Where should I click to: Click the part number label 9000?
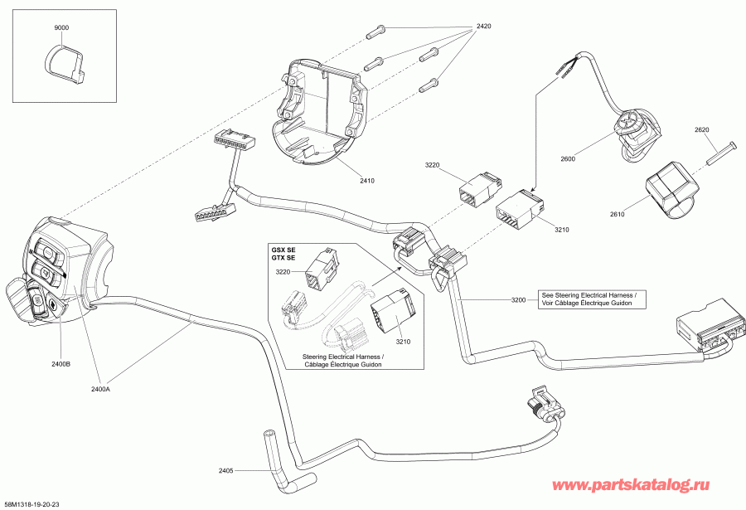[x=61, y=27]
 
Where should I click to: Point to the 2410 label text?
[x=368, y=180]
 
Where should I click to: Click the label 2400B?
[x=61, y=363]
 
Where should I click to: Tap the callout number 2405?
[x=225, y=471]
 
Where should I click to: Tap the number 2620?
[x=702, y=130]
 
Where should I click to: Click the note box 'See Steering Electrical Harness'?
[x=593, y=299]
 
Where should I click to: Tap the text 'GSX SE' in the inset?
[x=283, y=250]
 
